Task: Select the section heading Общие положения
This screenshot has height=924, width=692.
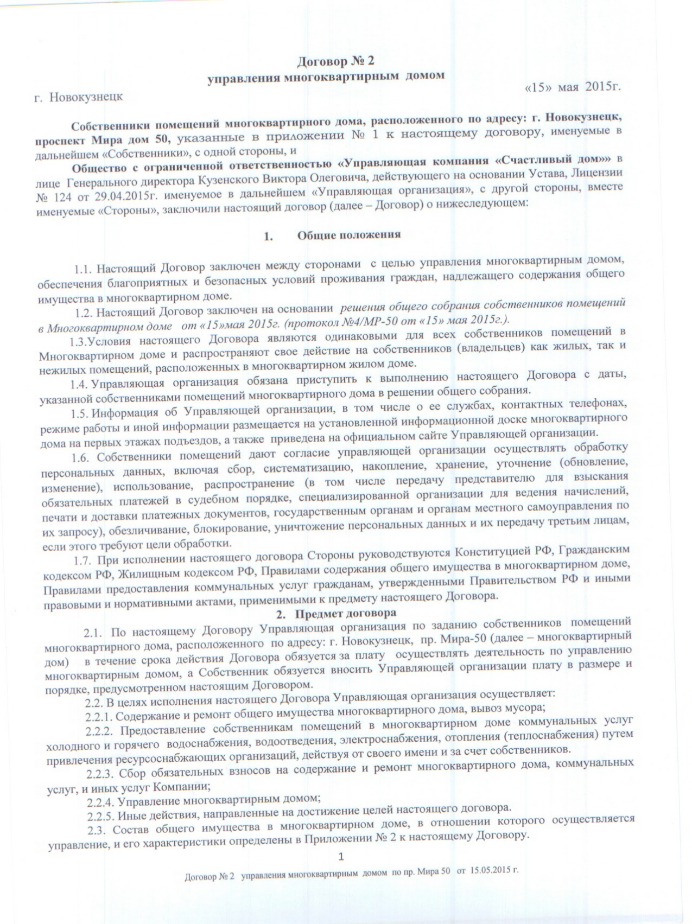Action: pos(348,235)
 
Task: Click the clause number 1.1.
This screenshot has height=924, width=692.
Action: pos(84,269)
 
